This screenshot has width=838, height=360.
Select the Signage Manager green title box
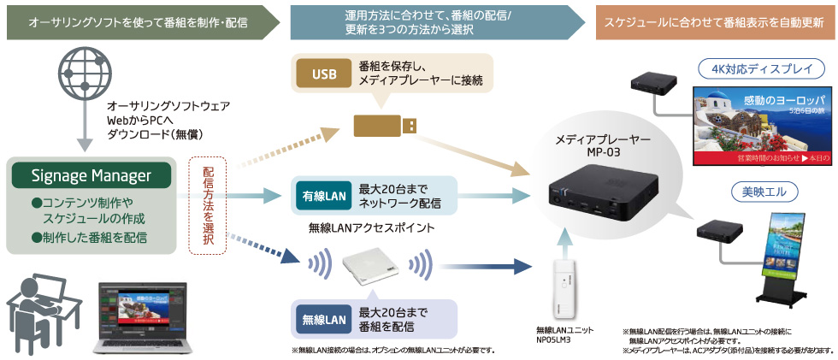tap(91, 175)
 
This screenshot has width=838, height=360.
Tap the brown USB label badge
tap(324, 74)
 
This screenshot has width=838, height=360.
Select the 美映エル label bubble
tap(760, 190)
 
